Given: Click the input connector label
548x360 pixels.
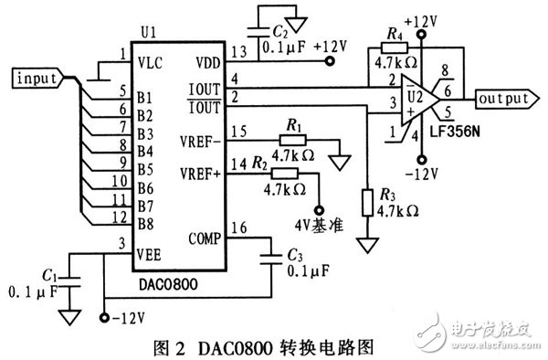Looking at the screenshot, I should point(37,79).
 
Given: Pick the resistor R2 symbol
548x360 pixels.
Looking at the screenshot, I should point(286,173).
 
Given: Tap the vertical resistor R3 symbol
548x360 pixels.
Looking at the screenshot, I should point(368,202).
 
